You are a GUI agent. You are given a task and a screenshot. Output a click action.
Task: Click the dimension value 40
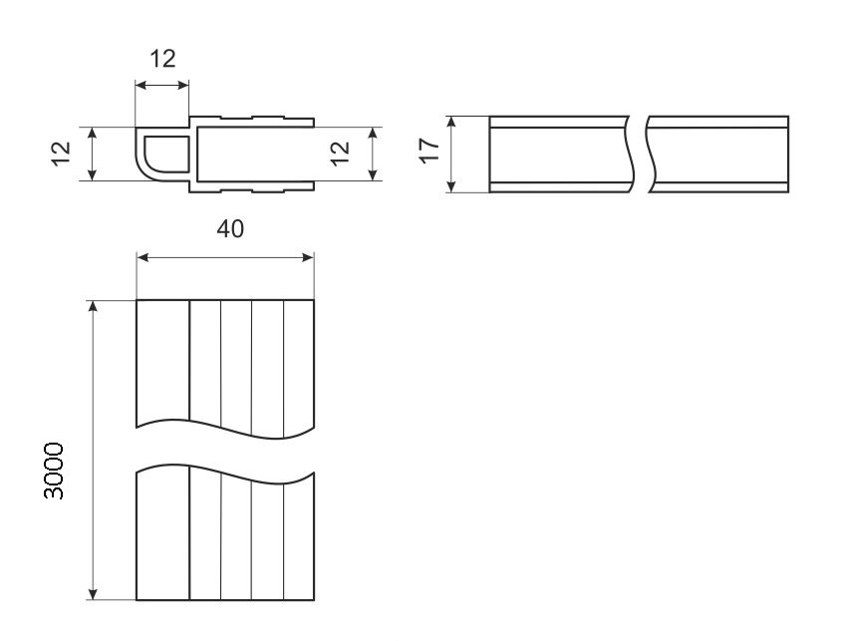click(230, 229)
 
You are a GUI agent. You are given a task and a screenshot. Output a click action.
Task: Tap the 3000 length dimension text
click(54, 471)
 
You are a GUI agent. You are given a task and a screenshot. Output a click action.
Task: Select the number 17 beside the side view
click(430, 151)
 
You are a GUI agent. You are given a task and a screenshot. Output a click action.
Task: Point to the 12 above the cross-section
click(162, 59)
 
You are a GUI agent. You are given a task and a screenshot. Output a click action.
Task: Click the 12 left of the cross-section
click(62, 155)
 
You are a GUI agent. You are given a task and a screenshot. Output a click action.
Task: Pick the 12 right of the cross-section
click(341, 155)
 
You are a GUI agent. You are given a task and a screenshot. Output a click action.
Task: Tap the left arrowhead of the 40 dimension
click(142, 257)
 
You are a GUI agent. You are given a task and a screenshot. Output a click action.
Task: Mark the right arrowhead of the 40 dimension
click(308, 257)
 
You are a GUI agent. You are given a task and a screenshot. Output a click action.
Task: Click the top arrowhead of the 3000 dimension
click(94, 306)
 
